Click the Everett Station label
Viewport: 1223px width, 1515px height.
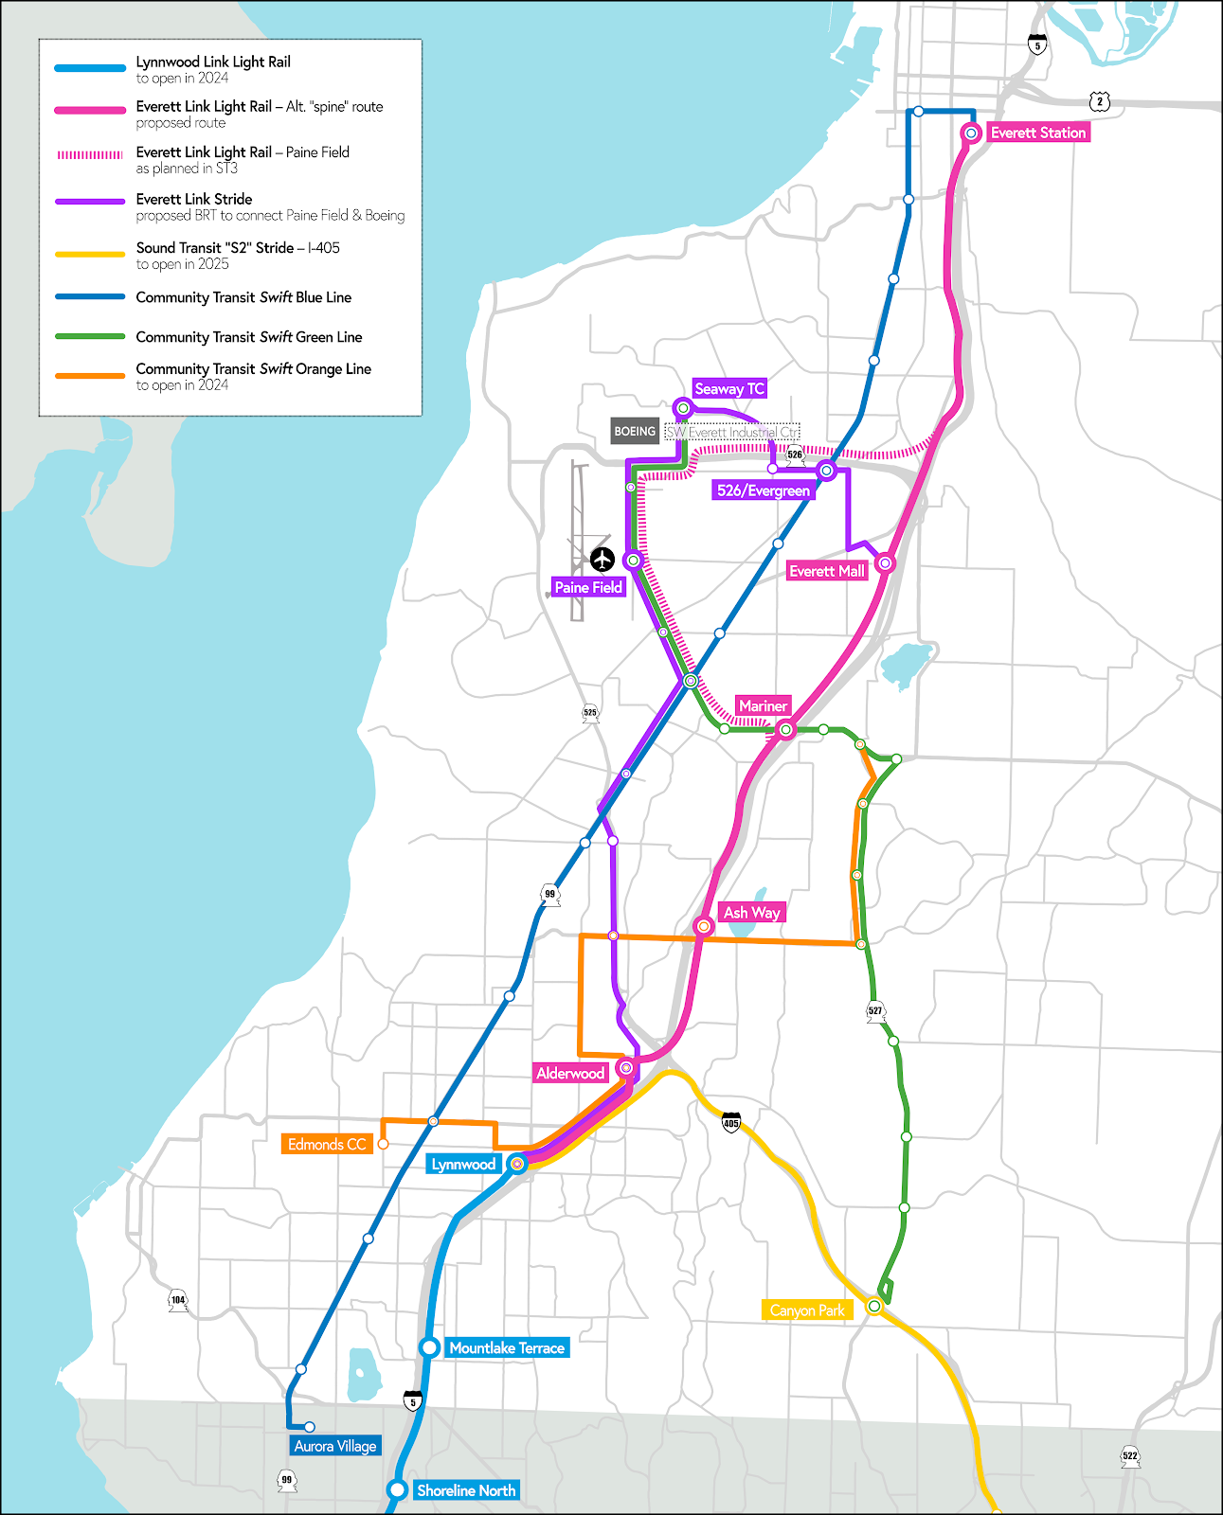(1038, 133)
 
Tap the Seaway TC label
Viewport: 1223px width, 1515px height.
(728, 388)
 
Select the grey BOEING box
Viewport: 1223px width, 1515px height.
(635, 431)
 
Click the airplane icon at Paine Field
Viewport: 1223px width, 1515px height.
(603, 560)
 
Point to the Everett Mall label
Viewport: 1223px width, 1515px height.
(827, 571)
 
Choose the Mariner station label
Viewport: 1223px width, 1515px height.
(763, 705)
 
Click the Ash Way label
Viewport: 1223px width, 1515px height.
(751, 913)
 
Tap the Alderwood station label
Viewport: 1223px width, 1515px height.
(570, 1073)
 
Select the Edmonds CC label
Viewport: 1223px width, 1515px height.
(327, 1144)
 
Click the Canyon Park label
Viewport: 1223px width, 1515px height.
(807, 1310)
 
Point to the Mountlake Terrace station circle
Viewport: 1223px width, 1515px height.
(429, 1346)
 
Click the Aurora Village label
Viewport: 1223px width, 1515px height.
(335, 1446)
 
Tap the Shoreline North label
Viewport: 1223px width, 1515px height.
(466, 1490)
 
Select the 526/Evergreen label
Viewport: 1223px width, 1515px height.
(764, 490)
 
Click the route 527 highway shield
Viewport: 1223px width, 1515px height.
(875, 1011)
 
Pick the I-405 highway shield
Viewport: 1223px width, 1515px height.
(731, 1123)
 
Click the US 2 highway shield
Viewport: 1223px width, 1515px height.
(1099, 101)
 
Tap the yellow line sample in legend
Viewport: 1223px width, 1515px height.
(90, 255)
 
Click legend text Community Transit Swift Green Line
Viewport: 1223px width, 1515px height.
(249, 337)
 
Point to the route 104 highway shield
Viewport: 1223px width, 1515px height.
(178, 1301)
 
